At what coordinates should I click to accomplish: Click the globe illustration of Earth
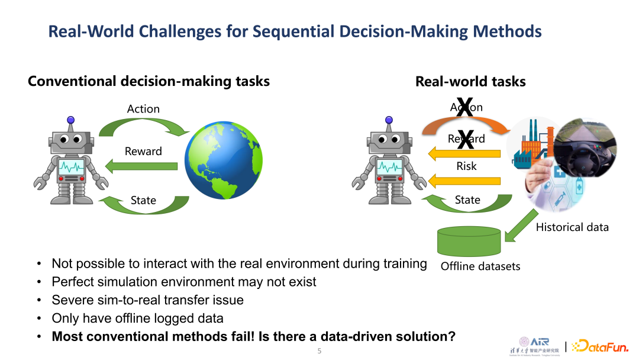click(223, 160)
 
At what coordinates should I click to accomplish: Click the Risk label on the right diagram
click(466, 166)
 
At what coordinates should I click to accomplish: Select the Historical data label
click(572, 227)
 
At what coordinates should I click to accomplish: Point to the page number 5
click(319, 351)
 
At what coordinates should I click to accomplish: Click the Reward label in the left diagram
click(143, 152)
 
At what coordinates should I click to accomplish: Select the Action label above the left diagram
click(143, 109)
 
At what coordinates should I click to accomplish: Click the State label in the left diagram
click(143, 200)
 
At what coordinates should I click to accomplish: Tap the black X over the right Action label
click(466, 108)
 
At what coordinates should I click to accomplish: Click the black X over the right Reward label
click(466, 140)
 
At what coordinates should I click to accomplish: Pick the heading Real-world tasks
click(470, 82)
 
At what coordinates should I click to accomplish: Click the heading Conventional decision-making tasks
click(149, 81)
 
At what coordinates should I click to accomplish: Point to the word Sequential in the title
click(296, 31)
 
